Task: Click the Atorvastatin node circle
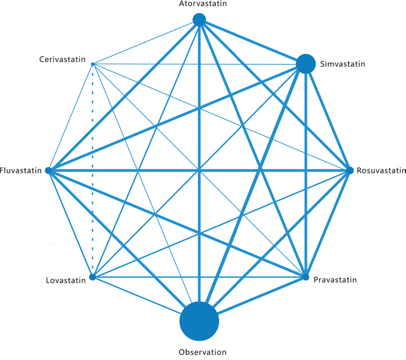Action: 199,20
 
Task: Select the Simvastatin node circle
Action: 306,63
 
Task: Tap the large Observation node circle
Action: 199,321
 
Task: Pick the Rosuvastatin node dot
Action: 350,170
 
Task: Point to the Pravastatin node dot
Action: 306,278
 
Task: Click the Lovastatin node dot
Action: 92,277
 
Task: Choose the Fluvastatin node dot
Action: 49,171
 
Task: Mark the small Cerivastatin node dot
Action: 93,63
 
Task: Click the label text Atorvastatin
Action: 199,4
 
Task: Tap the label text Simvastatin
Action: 342,64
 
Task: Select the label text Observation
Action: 202,352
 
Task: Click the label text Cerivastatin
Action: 63,59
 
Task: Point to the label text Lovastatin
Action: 66,281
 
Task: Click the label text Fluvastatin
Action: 22,171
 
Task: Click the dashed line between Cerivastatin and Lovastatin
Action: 93,174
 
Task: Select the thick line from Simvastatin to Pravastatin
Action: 306,174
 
